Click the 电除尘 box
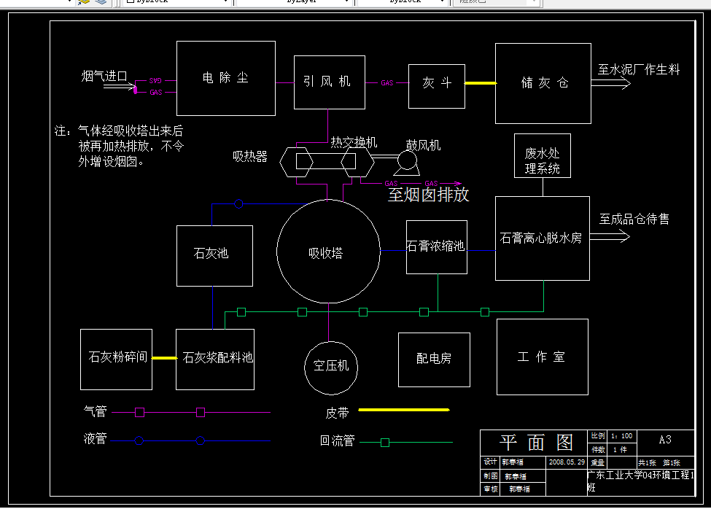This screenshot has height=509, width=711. [226, 78]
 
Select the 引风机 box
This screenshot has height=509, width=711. [329, 82]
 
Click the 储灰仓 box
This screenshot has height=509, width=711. [543, 83]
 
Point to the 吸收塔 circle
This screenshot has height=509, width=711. [327, 251]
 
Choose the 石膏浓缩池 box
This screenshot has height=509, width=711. [436, 246]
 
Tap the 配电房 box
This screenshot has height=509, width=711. [433, 360]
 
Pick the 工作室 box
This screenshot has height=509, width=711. [542, 357]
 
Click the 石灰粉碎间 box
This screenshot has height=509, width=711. [117, 359]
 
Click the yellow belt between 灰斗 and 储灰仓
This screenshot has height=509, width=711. [481, 83]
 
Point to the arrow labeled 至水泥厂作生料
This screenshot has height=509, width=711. [611, 84]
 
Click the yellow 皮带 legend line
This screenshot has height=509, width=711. [403, 411]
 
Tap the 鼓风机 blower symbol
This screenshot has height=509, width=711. [406, 160]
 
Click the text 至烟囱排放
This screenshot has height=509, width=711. [429, 195]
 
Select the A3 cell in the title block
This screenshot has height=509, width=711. [664, 440]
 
